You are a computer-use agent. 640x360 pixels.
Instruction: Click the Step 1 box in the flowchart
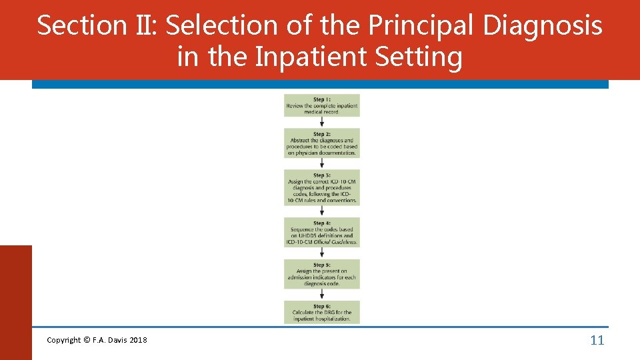click(321, 105)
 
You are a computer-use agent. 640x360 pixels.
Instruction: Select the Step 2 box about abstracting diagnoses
click(321, 143)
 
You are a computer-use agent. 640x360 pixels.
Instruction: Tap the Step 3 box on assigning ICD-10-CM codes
click(321, 188)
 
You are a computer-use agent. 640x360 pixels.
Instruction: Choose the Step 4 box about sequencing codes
click(321, 232)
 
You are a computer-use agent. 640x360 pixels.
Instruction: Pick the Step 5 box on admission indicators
click(321, 274)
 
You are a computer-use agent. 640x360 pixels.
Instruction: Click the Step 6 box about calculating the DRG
click(321, 311)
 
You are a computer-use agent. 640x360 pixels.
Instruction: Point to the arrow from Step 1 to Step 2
click(322, 123)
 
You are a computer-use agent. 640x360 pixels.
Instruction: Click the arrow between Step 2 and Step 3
click(322, 164)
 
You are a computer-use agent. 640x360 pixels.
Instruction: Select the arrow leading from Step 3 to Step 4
click(322, 211)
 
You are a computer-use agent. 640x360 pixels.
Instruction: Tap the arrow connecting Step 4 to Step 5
click(322, 253)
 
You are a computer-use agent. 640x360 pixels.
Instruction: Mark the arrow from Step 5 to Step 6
click(322, 295)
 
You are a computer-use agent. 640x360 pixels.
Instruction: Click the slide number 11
click(597, 341)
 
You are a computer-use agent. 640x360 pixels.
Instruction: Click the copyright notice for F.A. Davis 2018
click(97, 341)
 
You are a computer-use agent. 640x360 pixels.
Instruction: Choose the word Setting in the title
click(419, 57)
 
